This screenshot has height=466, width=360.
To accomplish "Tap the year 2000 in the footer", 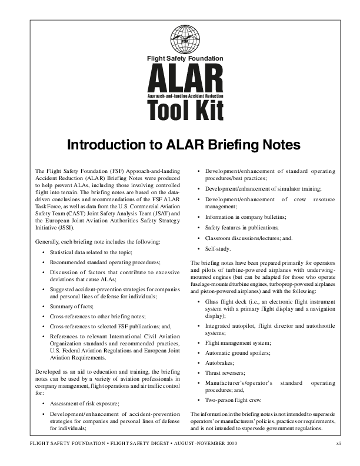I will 228,442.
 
